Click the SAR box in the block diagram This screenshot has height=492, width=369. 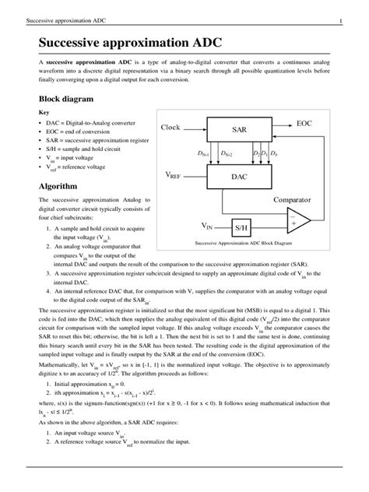[238, 129]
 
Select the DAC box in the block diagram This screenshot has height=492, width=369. [238, 177]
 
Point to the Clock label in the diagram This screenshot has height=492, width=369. [175, 127]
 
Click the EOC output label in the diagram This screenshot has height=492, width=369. [306, 125]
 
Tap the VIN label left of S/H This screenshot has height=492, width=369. [208, 227]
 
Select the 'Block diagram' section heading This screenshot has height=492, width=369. [66, 100]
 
